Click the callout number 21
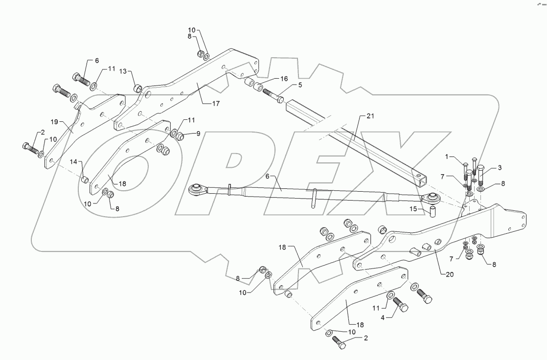click(369, 116)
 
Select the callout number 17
click(216, 103)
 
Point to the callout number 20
click(450, 274)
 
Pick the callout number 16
click(284, 78)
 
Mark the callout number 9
click(198, 134)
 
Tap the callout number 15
click(414, 209)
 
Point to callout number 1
click(447, 157)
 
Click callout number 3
click(500, 168)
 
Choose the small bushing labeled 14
click(85, 180)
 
